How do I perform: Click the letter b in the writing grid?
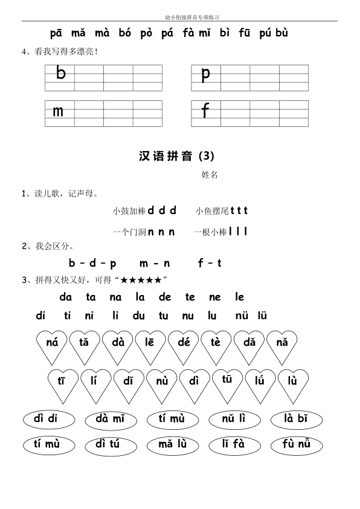coord(60,74)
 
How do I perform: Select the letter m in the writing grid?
coord(58,112)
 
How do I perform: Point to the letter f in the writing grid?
coord(205,111)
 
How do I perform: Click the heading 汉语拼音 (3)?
coord(176,156)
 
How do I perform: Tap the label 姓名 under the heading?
coord(210,175)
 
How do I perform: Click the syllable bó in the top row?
coord(125,33)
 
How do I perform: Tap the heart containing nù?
coord(161,382)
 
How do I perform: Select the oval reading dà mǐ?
coord(112,420)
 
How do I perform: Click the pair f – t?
coord(210,263)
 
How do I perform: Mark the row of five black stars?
coord(141,280)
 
